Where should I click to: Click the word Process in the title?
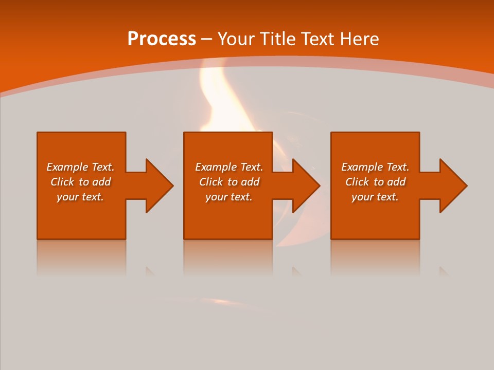click(x=162, y=39)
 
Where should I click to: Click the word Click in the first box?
click(x=62, y=182)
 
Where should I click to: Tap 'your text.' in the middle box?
click(x=228, y=197)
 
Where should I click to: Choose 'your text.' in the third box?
click(x=375, y=197)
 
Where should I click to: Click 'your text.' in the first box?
click(x=80, y=197)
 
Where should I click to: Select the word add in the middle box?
click(x=251, y=182)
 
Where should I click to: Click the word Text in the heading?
click(x=317, y=39)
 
